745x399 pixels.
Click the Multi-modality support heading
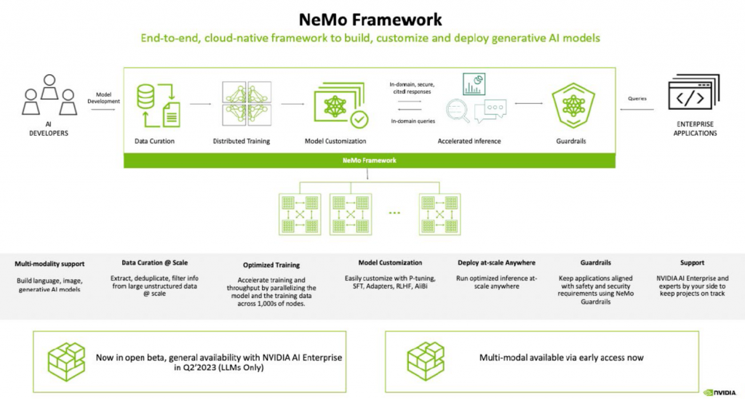(x=49, y=263)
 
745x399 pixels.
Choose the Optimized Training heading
(x=271, y=265)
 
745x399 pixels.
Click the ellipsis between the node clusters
(x=394, y=214)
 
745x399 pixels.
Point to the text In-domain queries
(x=413, y=121)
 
